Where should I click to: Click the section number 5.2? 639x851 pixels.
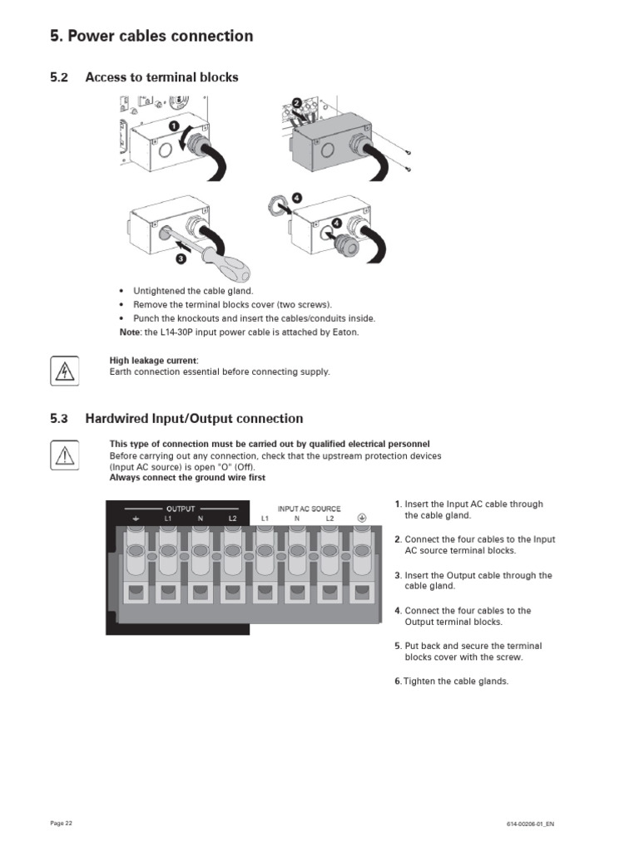[x=58, y=77]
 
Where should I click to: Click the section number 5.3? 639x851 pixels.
[x=58, y=419]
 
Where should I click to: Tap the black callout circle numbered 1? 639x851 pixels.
[x=174, y=125]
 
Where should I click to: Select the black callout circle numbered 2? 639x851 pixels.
[x=295, y=103]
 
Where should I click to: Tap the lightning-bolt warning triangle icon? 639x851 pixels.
[x=65, y=371]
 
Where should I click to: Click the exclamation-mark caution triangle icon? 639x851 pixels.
[x=65, y=455]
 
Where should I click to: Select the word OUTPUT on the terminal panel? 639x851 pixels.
[x=181, y=508]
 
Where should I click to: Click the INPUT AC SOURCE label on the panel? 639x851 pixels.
[x=309, y=508]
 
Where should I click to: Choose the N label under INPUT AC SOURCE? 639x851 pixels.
[x=297, y=518]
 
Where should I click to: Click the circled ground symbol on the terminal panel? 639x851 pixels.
[x=362, y=517]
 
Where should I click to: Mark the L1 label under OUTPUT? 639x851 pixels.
[x=168, y=518]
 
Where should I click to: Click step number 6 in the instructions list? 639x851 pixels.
[x=398, y=681]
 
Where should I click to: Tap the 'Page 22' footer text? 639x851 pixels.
[x=62, y=823]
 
